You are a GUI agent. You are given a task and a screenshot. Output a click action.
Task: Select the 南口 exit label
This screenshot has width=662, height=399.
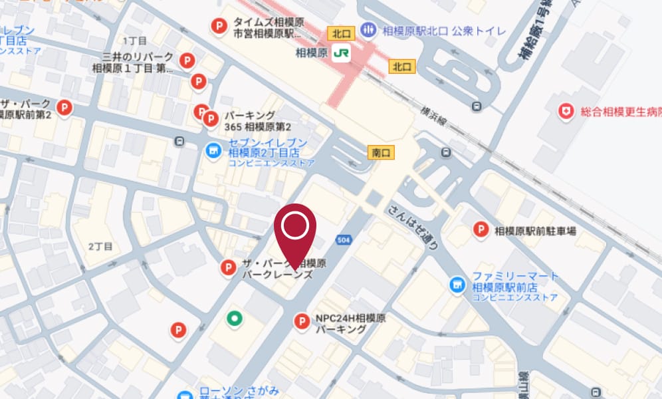(382, 153)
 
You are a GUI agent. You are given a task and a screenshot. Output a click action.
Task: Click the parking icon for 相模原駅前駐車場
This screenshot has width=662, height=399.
(481, 231)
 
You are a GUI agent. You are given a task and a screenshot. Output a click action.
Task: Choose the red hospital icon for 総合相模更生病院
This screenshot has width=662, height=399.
(566, 112)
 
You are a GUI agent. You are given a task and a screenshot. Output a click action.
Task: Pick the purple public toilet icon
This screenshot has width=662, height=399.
(367, 30)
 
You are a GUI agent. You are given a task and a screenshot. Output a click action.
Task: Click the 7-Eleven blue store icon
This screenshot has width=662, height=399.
(213, 152)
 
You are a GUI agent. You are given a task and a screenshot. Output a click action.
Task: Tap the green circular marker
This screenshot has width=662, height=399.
(234, 319)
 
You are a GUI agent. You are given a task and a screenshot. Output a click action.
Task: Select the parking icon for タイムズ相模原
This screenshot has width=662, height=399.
(217, 26)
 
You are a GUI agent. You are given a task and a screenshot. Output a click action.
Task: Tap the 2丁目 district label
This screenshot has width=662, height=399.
(100, 246)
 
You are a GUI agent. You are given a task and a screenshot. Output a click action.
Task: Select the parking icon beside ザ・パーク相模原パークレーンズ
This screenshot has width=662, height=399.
(227, 267)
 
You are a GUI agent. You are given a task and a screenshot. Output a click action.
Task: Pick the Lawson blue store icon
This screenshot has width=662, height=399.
(187, 394)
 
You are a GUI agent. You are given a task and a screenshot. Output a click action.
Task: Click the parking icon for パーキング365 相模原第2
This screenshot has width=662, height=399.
(210, 120)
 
